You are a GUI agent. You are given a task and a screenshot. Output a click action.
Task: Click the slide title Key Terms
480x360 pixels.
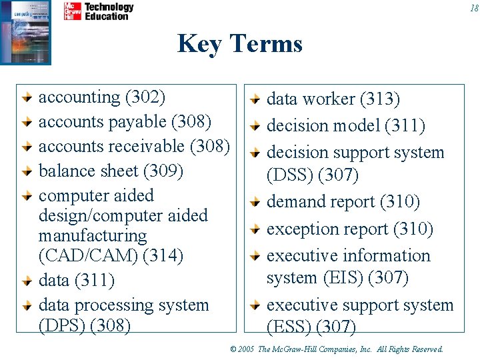(240, 44)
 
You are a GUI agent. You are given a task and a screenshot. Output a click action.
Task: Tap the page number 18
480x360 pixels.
(473, 8)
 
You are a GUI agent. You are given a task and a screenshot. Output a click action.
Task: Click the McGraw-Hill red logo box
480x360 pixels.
(72, 11)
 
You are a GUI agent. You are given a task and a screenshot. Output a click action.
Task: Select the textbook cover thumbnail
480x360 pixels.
(25, 31)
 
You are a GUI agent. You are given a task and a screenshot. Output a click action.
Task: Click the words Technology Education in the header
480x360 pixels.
(109, 11)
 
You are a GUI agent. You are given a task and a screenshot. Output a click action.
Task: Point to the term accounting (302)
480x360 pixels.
(102, 97)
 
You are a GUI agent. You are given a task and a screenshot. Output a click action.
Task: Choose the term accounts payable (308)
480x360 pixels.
(125, 122)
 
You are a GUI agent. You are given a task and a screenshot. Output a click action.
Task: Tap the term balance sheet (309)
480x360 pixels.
(111, 171)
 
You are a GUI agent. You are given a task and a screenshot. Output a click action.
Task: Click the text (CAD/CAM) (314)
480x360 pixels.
(111, 255)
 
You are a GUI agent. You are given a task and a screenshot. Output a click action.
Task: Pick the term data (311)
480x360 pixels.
(77, 281)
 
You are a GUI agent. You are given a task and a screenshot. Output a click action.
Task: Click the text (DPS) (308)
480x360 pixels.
(85, 325)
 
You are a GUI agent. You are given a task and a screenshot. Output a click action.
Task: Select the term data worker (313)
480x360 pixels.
(333, 99)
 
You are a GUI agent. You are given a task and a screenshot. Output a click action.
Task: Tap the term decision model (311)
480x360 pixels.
(345, 126)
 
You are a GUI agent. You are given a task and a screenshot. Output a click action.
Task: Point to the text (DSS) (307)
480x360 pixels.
(313, 175)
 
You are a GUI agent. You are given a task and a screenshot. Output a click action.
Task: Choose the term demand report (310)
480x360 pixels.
(343, 201)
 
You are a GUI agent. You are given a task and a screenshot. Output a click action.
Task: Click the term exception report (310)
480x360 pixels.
(349, 229)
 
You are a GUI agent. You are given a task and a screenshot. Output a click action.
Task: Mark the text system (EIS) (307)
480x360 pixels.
(337, 277)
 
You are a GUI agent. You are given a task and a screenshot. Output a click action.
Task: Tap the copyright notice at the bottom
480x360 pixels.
(336, 349)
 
